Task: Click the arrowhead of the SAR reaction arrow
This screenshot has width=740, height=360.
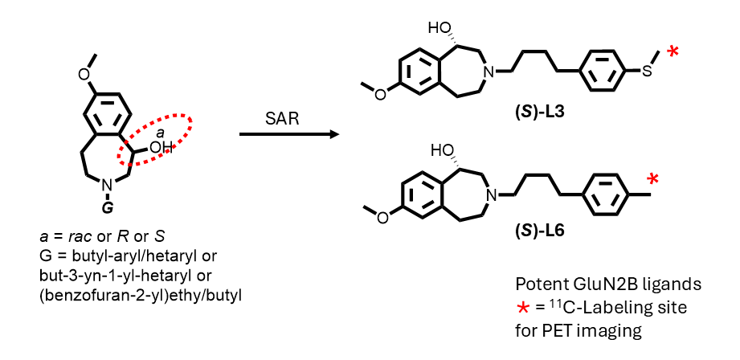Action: tap(330, 133)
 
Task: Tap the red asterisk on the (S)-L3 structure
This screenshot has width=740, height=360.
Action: tap(673, 53)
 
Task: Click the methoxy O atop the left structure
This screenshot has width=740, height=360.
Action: tap(84, 73)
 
